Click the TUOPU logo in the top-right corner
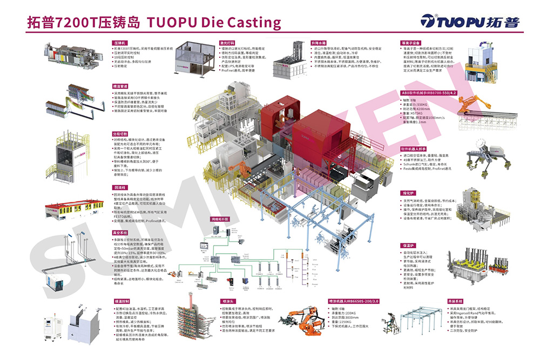(470, 22)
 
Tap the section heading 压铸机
(119, 42)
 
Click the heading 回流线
(119, 187)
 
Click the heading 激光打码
(227, 42)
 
